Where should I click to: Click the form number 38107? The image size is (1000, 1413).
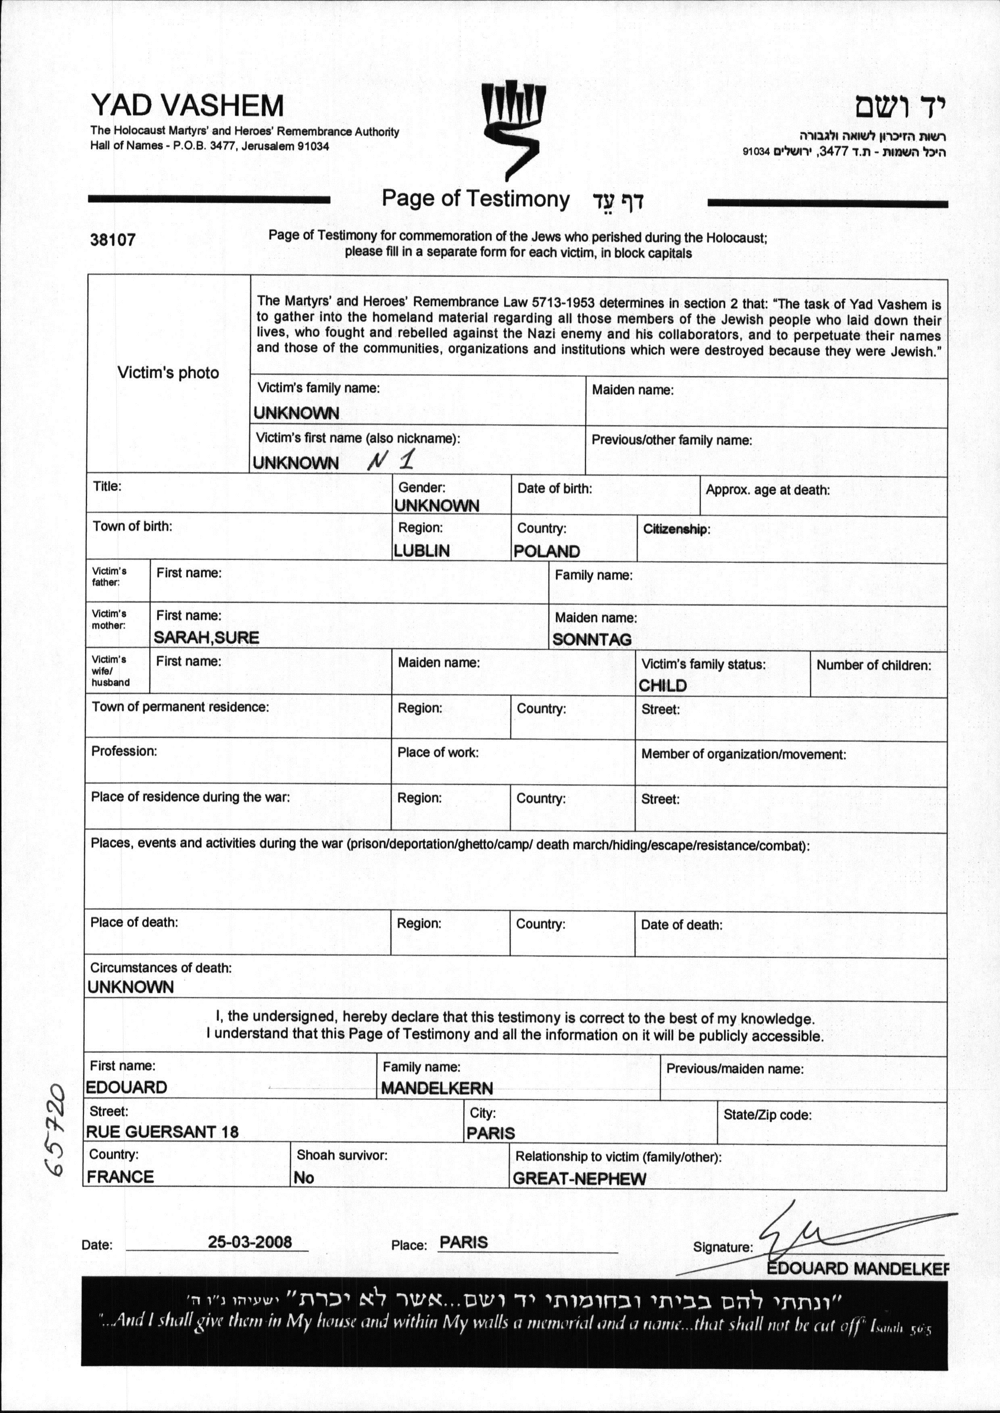(x=112, y=240)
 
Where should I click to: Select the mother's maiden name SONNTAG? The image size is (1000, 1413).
(x=592, y=640)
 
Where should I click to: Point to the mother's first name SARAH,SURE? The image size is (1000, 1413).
(x=206, y=637)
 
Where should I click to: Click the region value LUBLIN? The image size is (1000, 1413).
(x=422, y=550)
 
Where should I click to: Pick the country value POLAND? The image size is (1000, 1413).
(x=547, y=551)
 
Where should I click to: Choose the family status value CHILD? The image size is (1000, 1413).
(x=662, y=685)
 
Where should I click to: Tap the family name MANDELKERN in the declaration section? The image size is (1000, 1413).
(x=437, y=1088)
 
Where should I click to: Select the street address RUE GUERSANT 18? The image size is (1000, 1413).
(x=162, y=1131)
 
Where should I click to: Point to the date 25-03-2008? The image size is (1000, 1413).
(x=249, y=1241)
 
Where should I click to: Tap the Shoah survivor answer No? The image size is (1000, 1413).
(x=304, y=1177)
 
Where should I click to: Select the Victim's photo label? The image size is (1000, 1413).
(x=168, y=373)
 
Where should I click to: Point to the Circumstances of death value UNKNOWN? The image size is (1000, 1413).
(x=131, y=986)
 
